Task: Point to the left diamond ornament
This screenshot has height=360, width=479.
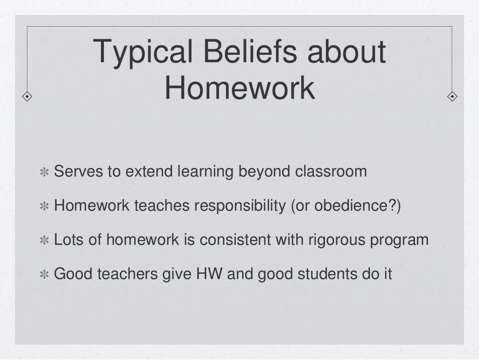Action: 28,97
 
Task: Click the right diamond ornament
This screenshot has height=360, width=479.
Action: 452,97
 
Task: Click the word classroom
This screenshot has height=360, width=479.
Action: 331,171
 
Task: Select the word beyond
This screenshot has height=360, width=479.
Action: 264,172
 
